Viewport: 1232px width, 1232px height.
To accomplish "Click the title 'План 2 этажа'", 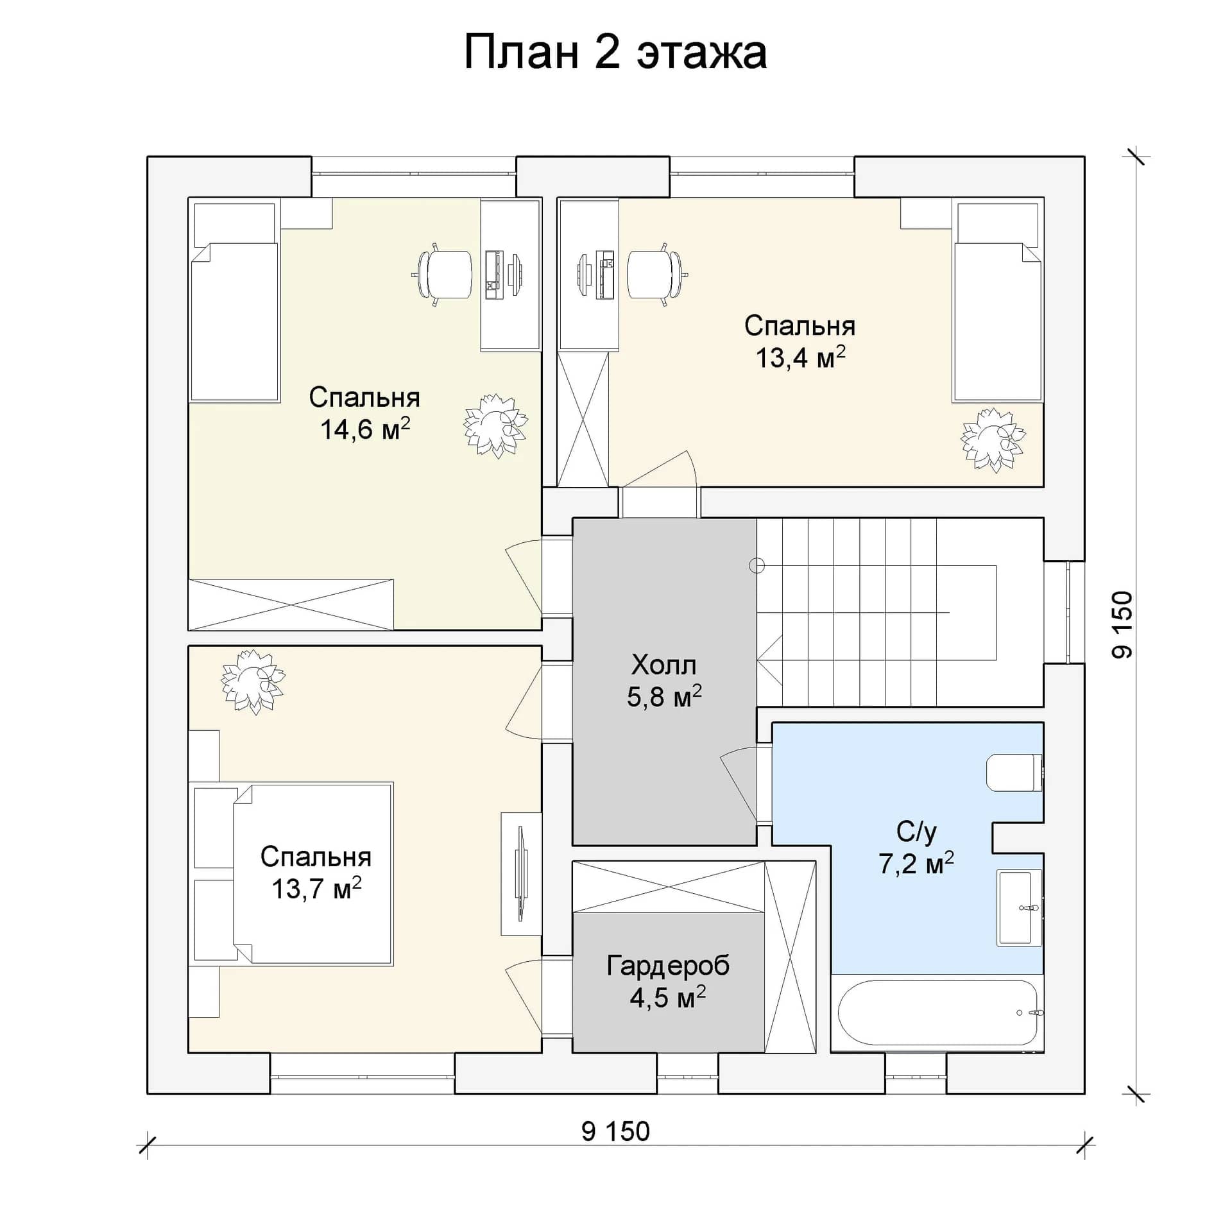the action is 615,53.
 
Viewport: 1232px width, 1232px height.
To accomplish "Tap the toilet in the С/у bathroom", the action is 1014,773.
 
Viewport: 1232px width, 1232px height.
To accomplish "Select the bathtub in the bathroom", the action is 937,1013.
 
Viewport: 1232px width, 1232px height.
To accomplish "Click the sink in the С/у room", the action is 1020,907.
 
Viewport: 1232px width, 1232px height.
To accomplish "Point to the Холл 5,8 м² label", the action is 664,681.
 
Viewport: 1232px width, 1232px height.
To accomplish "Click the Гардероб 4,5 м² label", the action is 668,981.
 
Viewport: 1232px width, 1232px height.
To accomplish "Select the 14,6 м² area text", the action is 365,429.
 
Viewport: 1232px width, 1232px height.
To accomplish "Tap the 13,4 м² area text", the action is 800,357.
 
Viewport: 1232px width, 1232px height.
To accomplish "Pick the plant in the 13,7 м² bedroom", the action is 253,682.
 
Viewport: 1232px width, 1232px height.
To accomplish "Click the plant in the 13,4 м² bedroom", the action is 993,440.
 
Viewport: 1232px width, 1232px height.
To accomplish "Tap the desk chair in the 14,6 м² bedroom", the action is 443,275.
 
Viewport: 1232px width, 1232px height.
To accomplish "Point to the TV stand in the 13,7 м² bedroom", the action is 521,874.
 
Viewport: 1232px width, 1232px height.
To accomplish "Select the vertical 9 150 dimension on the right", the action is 1122,624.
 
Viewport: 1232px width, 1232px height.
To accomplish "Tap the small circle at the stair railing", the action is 757,565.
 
